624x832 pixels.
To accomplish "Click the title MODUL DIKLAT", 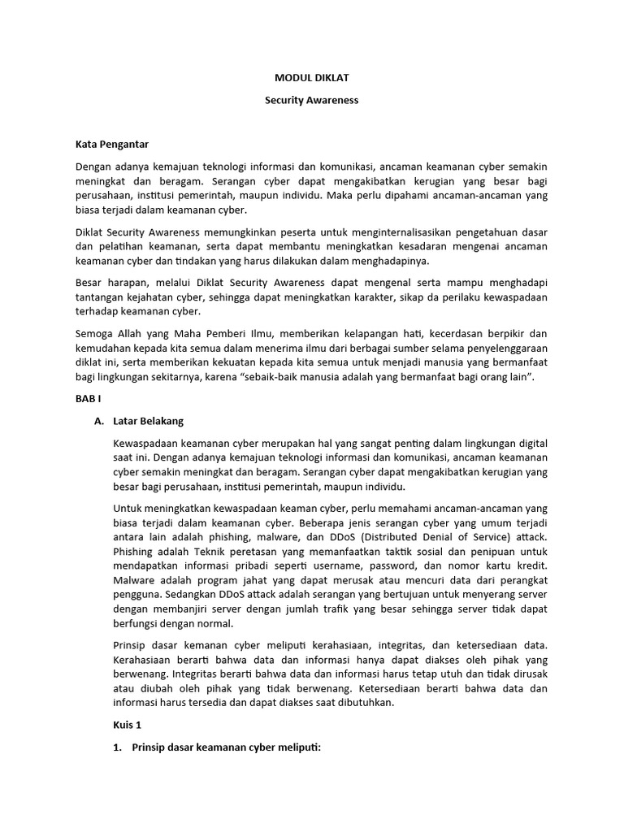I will click(311, 79).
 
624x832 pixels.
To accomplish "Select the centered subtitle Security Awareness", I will click(311, 101).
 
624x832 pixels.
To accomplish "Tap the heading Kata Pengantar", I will click(112, 144).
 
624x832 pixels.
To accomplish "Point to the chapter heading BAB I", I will click(86, 400).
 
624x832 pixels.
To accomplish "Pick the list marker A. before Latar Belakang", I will click(100, 421).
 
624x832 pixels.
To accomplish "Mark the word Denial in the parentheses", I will click(429, 536).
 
